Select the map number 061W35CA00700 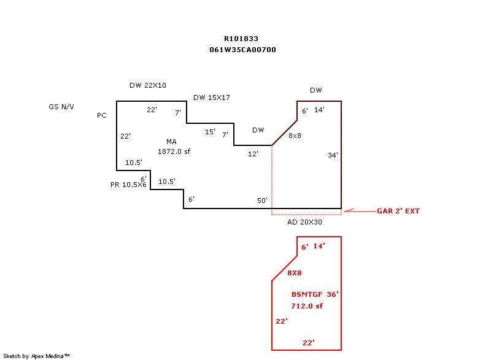[242, 50]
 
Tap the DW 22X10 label [148, 85]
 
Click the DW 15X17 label [212, 98]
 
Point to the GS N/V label [61, 107]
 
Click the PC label [102, 115]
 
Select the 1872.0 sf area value [174, 151]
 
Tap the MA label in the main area [171, 142]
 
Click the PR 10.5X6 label [128, 185]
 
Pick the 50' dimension [263, 201]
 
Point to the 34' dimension [333, 155]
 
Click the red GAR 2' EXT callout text [398, 211]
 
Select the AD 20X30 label [304, 222]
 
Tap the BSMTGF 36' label [315, 294]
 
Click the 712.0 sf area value [307, 306]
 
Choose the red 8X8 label [295, 273]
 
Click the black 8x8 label [295, 136]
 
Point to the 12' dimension [253, 154]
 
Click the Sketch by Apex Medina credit [36, 356]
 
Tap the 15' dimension [210, 132]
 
